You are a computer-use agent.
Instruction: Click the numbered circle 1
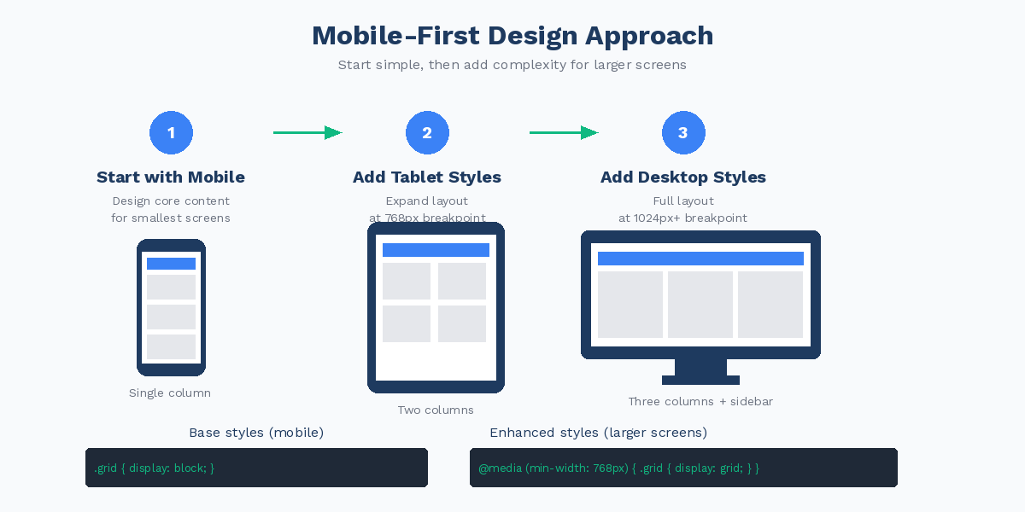click(x=171, y=133)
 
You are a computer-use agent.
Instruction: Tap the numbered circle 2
click(x=427, y=133)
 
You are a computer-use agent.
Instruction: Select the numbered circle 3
click(x=683, y=133)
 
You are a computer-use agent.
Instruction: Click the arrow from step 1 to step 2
click(x=307, y=132)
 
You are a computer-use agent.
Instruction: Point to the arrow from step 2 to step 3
click(x=564, y=132)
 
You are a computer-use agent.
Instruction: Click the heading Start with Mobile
click(x=171, y=177)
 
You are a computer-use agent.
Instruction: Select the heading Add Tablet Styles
click(x=427, y=177)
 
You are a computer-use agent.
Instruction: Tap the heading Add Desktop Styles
click(x=683, y=177)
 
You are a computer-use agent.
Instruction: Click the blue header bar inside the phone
click(x=171, y=264)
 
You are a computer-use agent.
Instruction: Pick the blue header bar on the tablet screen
click(x=436, y=250)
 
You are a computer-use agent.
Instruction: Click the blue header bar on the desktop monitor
click(x=700, y=259)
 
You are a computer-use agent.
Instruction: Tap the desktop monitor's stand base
click(x=700, y=380)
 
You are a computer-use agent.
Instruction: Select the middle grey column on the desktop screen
click(x=700, y=305)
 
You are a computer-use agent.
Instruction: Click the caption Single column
click(x=170, y=393)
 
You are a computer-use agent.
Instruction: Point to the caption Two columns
click(x=436, y=410)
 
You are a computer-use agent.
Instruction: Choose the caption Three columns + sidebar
click(x=700, y=402)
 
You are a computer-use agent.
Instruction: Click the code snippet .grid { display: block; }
click(x=155, y=468)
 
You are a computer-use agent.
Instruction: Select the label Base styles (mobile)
click(x=256, y=433)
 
